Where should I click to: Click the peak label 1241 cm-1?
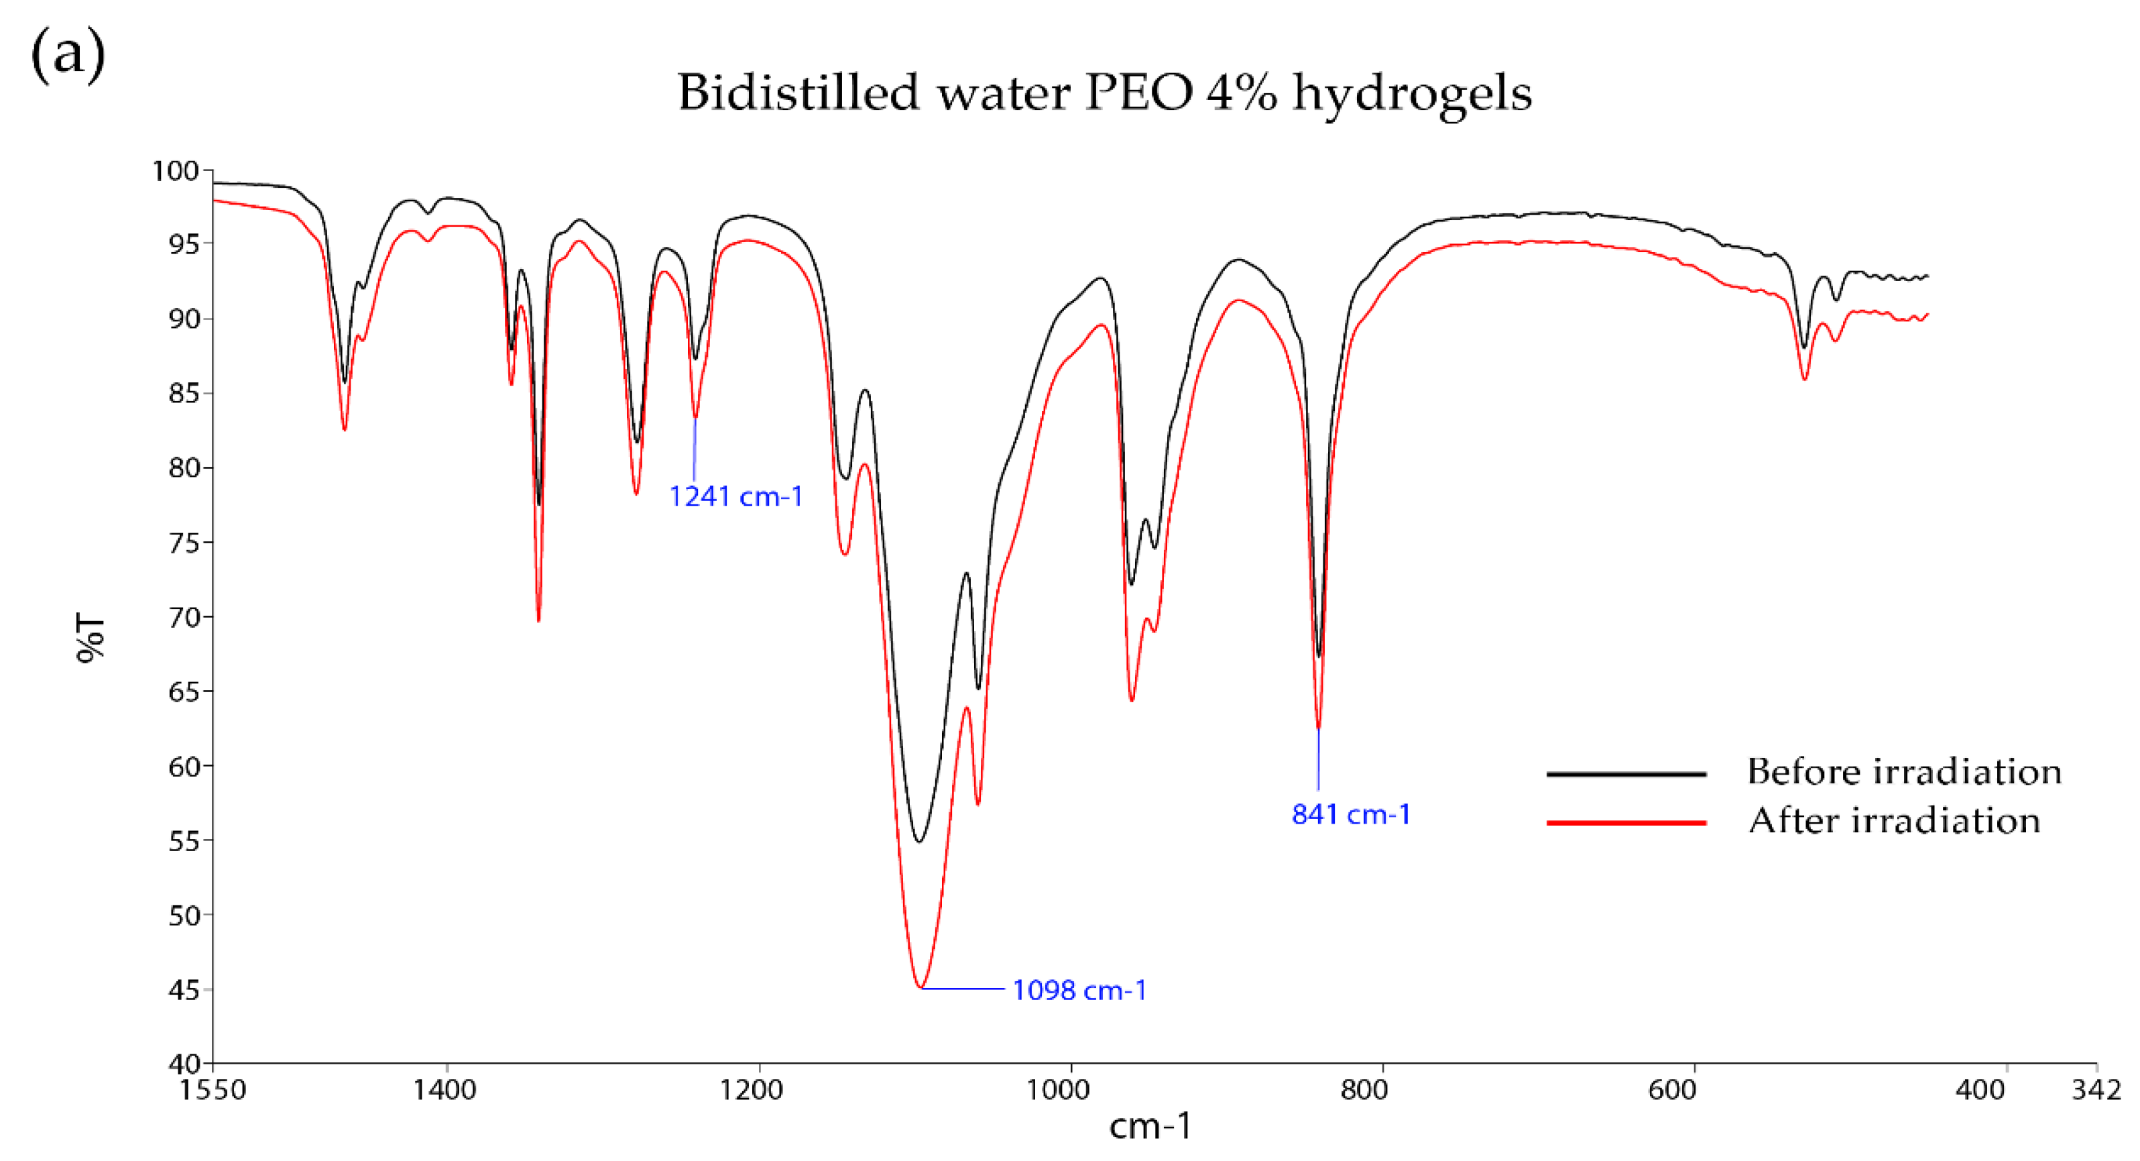[735, 497]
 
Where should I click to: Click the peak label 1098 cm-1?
[1079, 991]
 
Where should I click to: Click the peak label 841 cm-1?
[1351, 814]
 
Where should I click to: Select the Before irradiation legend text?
[1904, 772]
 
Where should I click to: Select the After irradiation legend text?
[1894, 821]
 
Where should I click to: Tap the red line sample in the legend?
[1626, 823]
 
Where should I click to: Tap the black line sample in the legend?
[1626, 774]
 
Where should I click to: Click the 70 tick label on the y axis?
[184, 618]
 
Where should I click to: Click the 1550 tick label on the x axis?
[213, 1089]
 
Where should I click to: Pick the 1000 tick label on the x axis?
[1057, 1089]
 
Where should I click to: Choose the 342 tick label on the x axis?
[2096, 1089]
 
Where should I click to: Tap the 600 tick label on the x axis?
[1671, 1089]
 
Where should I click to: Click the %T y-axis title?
[91, 639]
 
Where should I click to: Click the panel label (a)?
[68, 54]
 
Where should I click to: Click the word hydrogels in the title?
[1413, 93]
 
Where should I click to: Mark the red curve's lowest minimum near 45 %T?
[920, 987]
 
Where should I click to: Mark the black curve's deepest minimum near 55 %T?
[918, 842]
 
